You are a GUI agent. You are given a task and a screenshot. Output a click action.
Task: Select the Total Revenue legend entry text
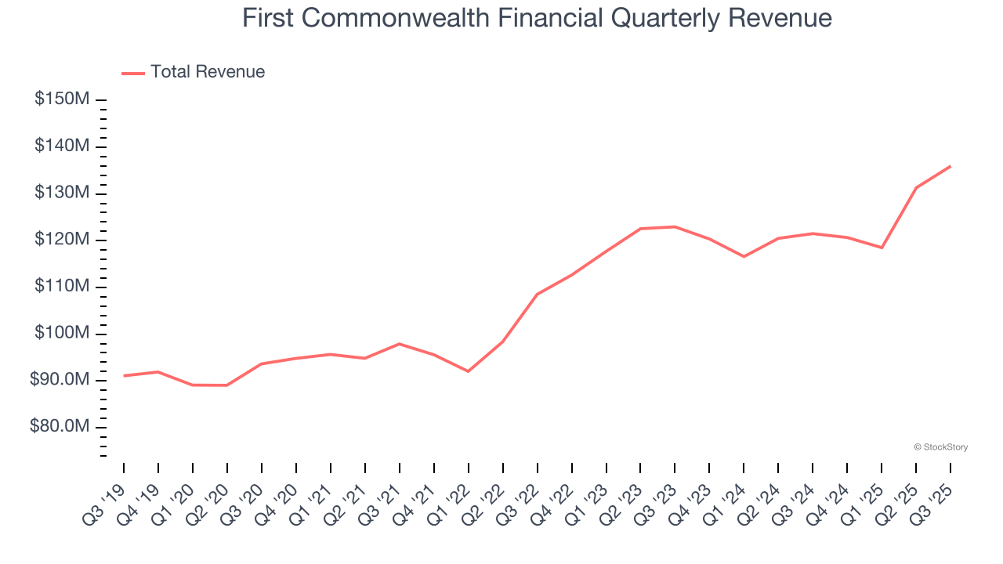[208, 72]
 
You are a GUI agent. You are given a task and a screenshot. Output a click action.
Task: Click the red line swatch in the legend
[133, 73]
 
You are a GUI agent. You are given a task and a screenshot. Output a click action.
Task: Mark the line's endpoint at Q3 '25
[950, 166]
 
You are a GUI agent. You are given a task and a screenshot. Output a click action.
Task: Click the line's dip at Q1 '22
[468, 371]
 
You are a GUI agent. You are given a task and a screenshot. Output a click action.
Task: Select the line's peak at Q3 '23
[675, 226]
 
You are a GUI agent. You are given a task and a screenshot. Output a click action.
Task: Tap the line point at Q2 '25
[916, 187]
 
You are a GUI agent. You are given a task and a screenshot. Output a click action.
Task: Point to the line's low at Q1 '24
[744, 256]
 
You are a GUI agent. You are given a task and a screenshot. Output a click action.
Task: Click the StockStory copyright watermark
[940, 447]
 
